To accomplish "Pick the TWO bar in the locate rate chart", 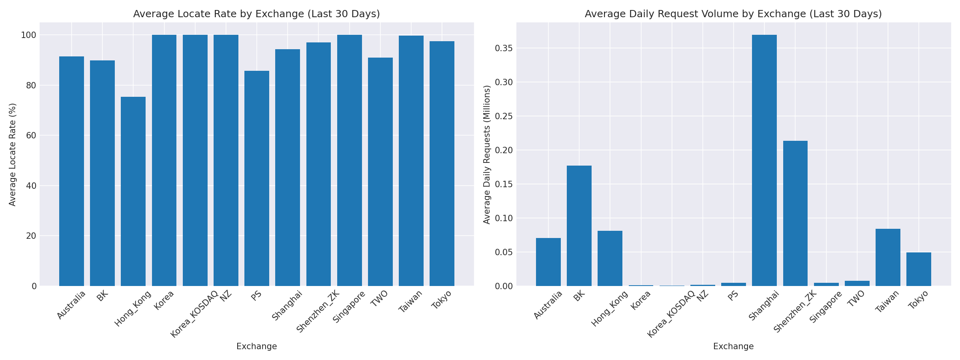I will (x=380, y=172).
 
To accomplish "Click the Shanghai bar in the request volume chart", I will (x=764, y=160).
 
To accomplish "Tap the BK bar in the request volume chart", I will (x=579, y=226).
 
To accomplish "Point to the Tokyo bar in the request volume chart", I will (x=919, y=269).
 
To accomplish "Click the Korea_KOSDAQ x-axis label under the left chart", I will (x=194, y=314).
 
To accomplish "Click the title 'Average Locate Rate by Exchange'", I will (x=256, y=14).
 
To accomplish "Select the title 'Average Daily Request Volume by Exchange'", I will (x=733, y=14).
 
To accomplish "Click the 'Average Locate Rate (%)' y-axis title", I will (x=13, y=154).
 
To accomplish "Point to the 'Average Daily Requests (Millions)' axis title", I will (x=487, y=154).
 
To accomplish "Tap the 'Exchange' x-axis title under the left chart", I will (x=256, y=346).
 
